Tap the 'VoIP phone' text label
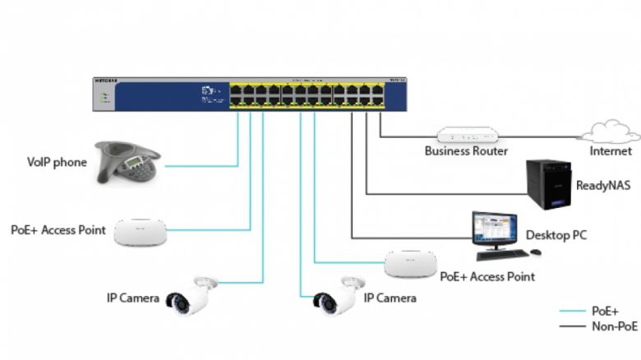click(x=57, y=163)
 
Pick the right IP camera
click(x=339, y=295)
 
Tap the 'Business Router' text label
click(x=466, y=151)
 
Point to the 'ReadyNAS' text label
click(x=602, y=186)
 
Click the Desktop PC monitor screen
click(x=495, y=227)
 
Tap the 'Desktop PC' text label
click(x=556, y=236)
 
